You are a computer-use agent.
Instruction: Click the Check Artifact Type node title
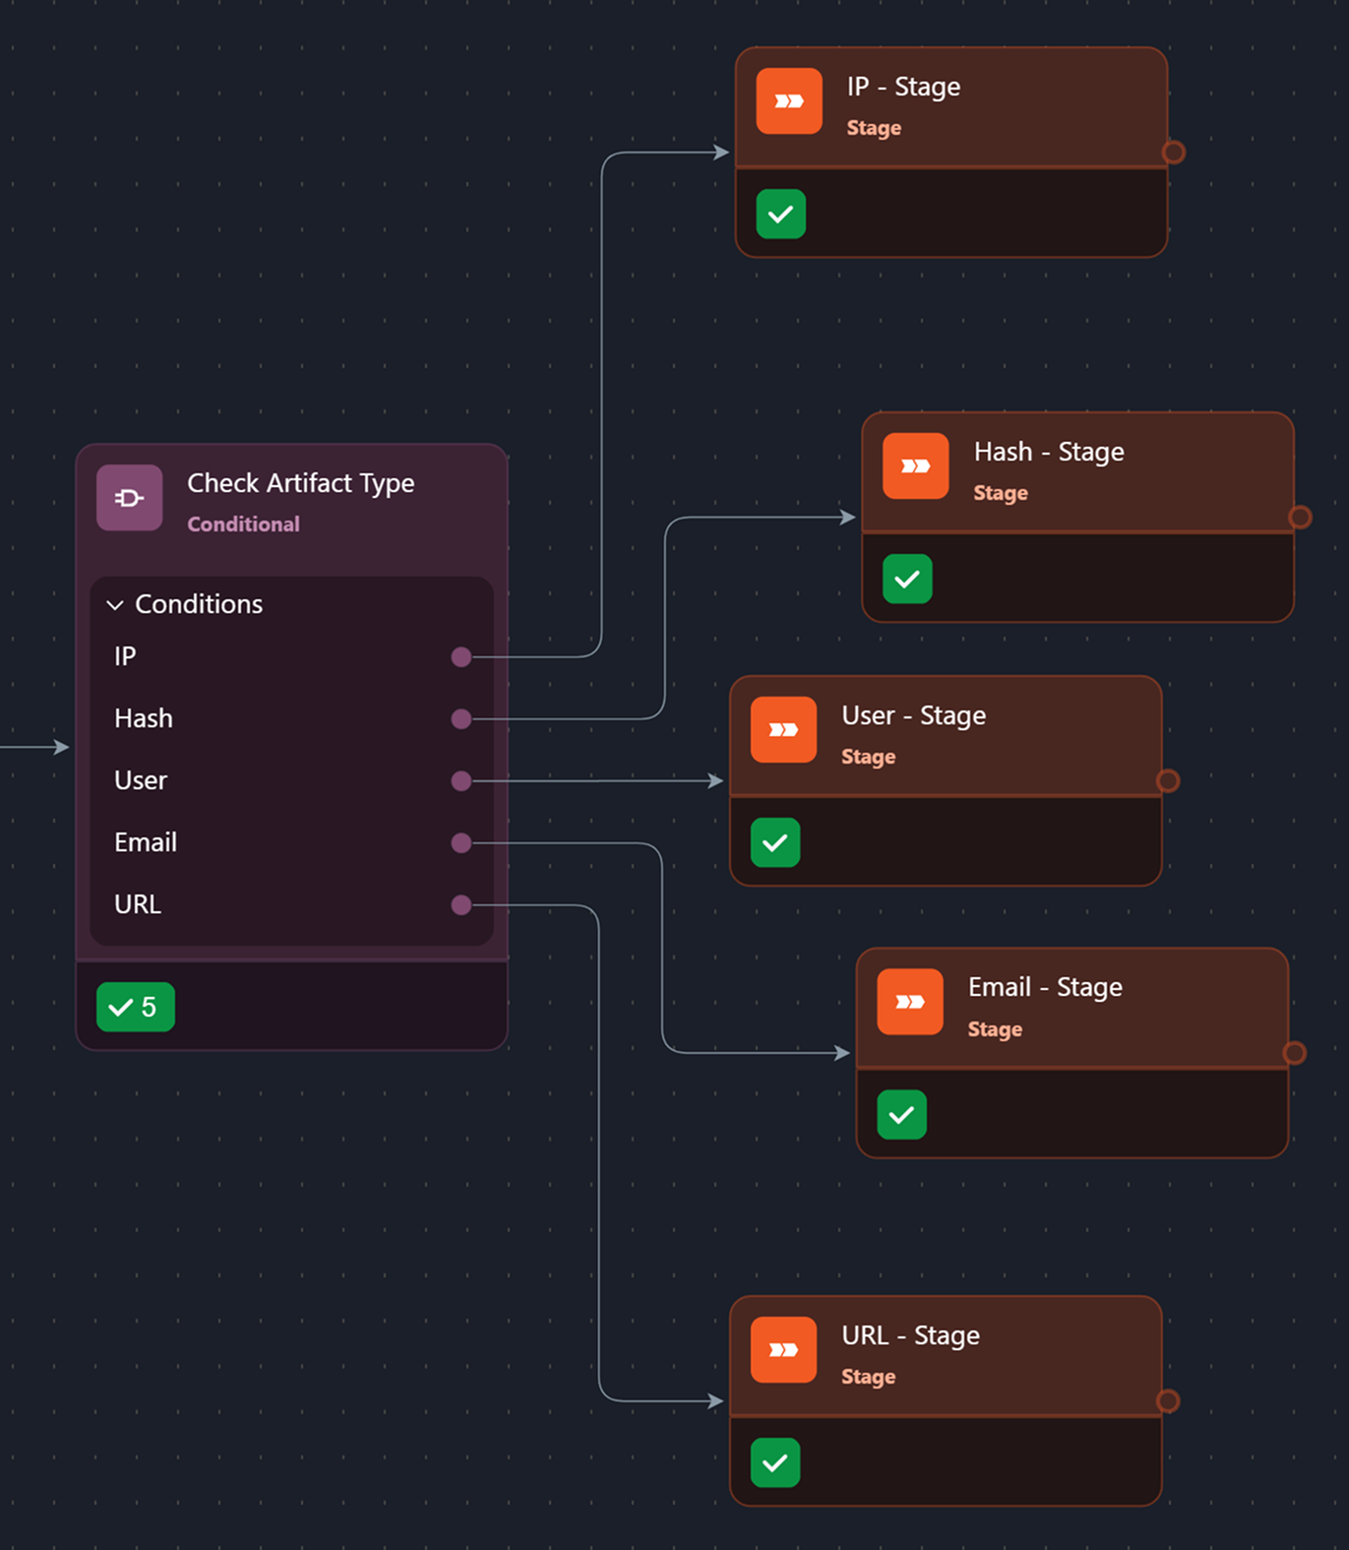[x=300, y=483]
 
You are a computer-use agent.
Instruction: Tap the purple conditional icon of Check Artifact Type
[x=130, y=498]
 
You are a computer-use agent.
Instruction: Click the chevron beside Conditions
[x=115, y=604]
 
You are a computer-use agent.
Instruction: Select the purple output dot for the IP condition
[x=460, y=656]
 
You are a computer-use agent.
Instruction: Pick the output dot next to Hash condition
[x=460, y=719]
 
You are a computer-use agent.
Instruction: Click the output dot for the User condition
[x=460, y=781]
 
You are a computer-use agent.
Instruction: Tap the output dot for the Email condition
[x=460, y=843]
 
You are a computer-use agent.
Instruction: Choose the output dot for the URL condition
[x=460, y=905]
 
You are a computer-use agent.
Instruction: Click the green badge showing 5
[x=136, y=1007]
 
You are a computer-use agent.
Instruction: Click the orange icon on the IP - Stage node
[x=789, y=101]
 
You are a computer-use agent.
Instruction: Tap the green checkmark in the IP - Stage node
[x=781, y=215]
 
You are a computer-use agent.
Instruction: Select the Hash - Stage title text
[x=1048, y=452]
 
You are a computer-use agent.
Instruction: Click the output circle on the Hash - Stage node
[x=1300, y=517]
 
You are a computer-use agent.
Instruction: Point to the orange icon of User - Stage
[x=783, y=729]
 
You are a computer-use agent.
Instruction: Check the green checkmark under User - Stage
[x=775, y=842]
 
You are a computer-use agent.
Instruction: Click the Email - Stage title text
[x=1044, y=987]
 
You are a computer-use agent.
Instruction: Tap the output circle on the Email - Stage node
[x=1294, y=1053]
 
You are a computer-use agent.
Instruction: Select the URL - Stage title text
[x=910, y=1335]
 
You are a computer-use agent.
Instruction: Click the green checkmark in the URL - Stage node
[x=775, y=1462]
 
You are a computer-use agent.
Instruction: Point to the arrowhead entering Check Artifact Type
[x=62, y=747]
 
